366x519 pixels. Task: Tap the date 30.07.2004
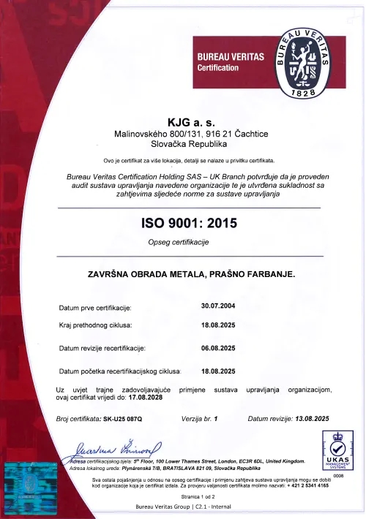pos(217,306)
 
